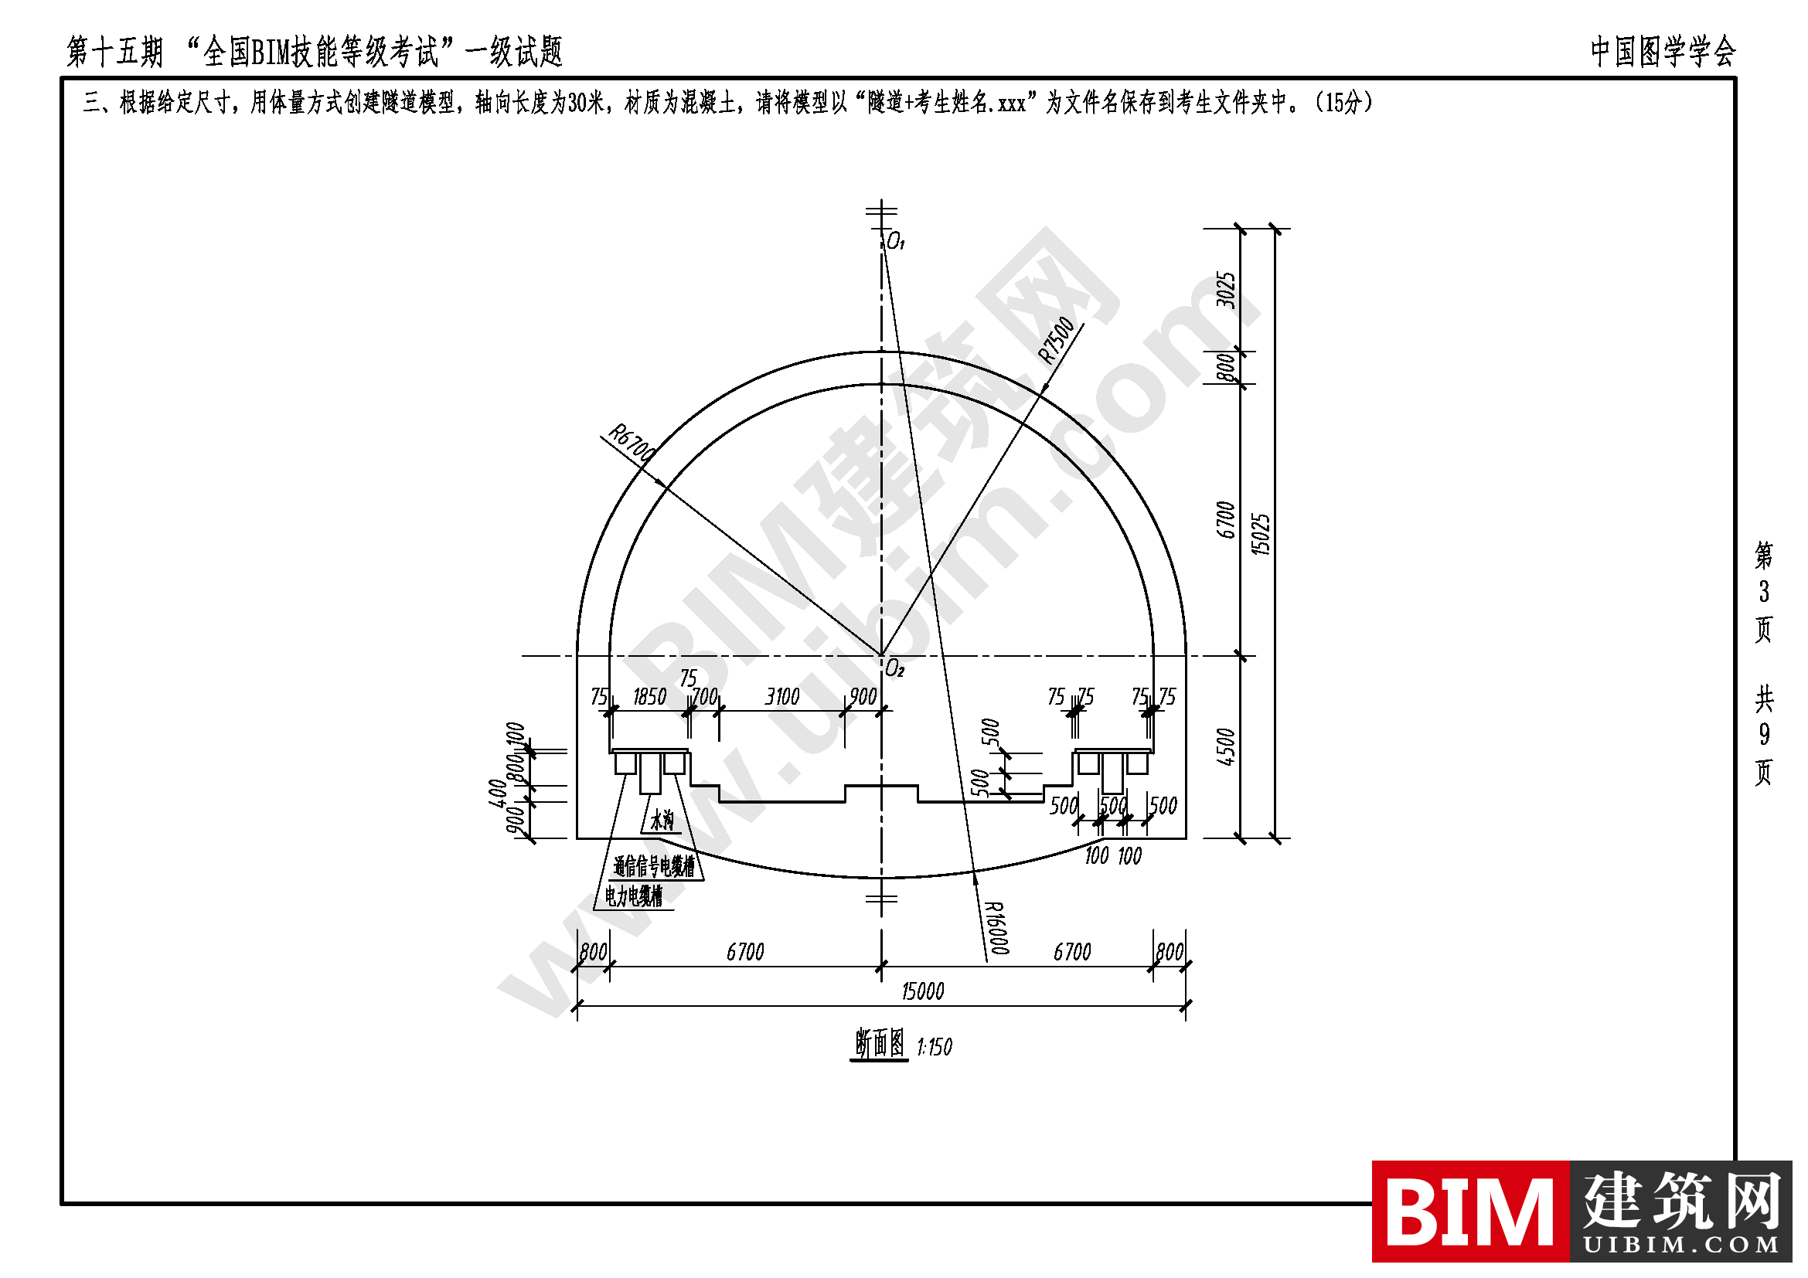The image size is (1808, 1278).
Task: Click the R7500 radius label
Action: [x=1056, y=340]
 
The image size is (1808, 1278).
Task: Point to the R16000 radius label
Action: [x=998, y=928]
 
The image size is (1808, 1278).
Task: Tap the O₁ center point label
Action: [x=896, y=243]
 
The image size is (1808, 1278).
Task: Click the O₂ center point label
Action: [x=894, y=669]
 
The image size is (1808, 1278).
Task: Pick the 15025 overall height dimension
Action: [x=1261, y=535]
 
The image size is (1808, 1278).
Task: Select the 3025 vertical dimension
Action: [x=1226, y=290]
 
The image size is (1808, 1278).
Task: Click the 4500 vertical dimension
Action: [x=1226, y=747]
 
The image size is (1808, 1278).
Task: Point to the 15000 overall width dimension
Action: [x=923, y=991]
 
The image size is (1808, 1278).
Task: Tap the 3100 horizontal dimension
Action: [x=783, y=696]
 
